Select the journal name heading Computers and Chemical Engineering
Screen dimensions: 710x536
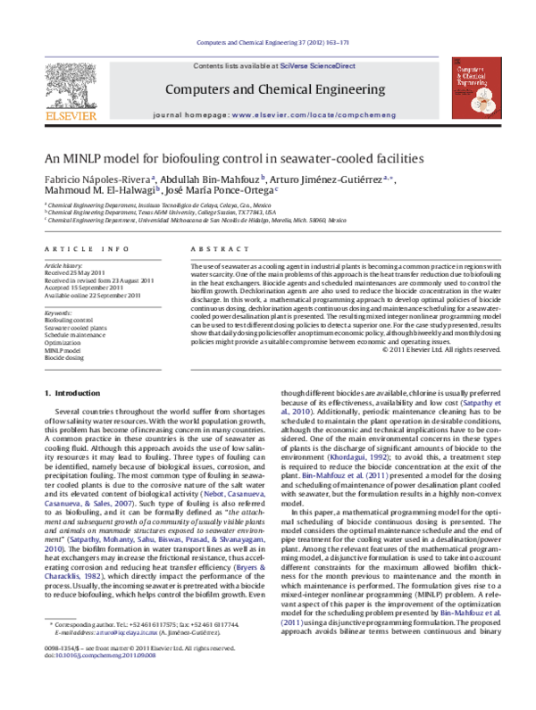click(x=267, y=89)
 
